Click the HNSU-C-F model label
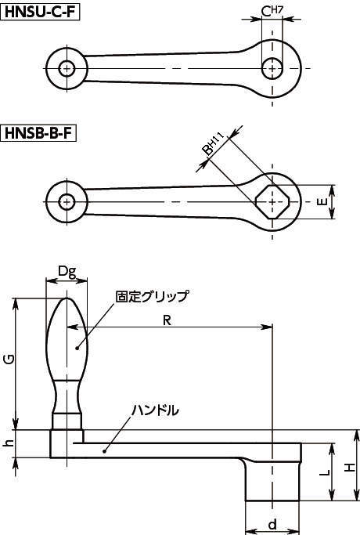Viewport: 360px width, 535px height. point(40,13)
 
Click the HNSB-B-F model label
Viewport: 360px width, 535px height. point(38,132)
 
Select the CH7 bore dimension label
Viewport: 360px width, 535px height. point(272,11)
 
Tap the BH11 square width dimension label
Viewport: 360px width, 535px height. point(212,144)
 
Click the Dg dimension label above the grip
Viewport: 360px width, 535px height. point(67,272)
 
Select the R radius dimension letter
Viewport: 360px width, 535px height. point(167,320)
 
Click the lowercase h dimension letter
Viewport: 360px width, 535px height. point(9,443)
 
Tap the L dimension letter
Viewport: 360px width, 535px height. point(325,472)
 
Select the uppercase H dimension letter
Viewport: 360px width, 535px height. point(349,468)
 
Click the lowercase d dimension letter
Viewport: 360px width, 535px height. point(272,524)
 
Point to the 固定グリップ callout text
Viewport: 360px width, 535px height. point(152,296)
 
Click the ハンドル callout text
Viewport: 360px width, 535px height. point(155,410)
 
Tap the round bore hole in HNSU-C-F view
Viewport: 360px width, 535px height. point(272,68)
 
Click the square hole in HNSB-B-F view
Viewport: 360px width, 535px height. point(272,202)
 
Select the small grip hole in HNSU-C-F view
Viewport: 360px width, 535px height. point(67,69)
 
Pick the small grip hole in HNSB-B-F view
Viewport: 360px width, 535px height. point(67,202)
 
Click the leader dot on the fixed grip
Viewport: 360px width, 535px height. point(77,348)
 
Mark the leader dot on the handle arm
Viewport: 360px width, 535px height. point(104,451)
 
